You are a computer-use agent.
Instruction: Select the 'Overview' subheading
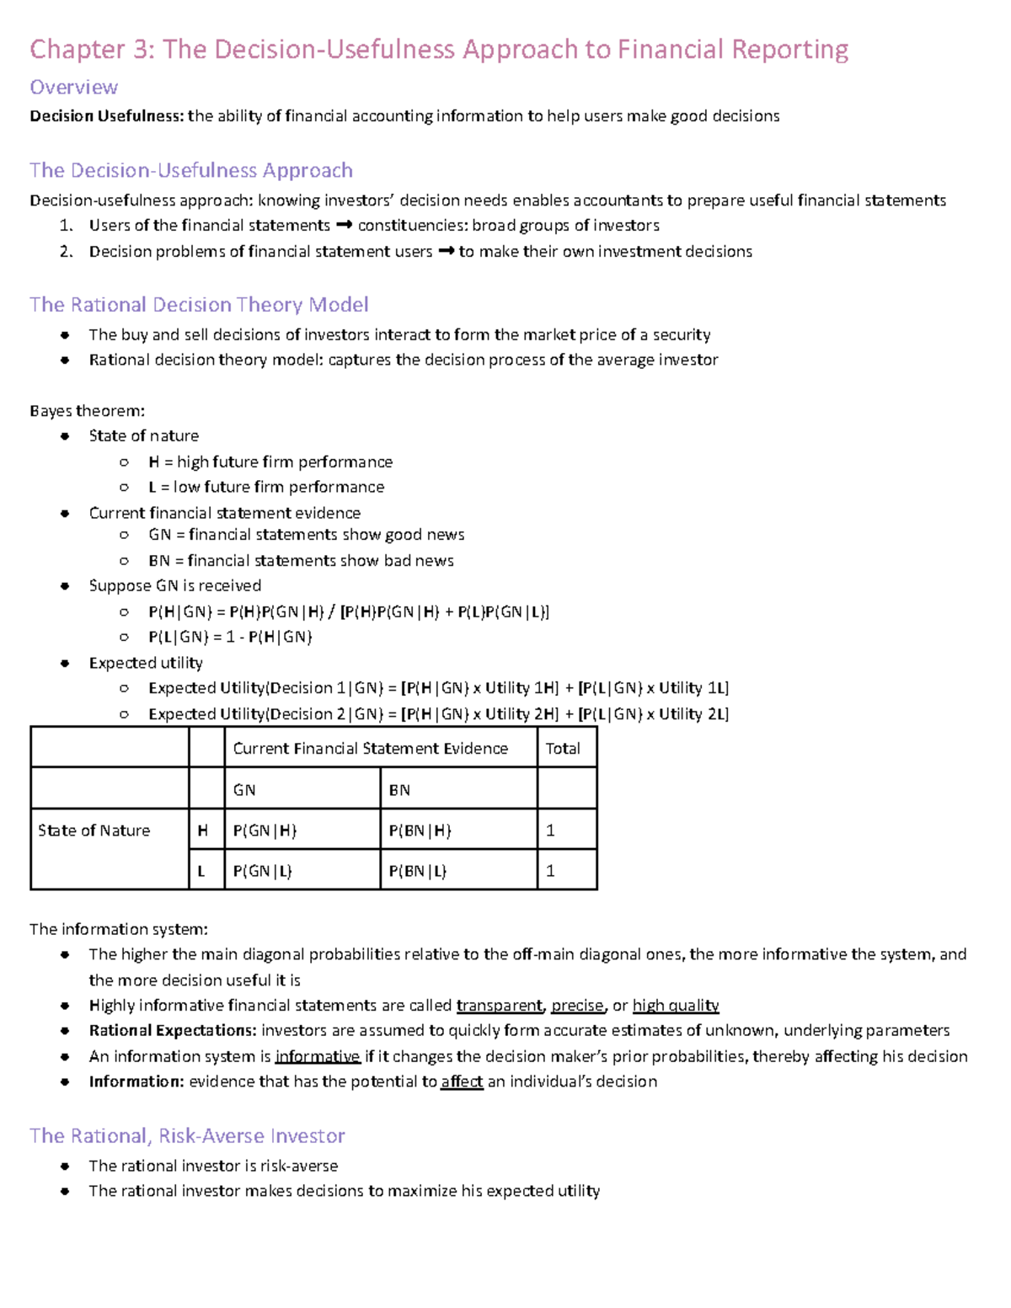[73, 88]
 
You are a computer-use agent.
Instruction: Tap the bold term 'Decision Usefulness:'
[106, 116]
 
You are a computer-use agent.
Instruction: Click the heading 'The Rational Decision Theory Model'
[199, 305]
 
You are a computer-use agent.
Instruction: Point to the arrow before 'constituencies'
[344, 226]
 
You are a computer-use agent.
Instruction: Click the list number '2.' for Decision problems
[67, 252]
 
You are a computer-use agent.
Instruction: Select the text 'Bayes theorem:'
[87, 411]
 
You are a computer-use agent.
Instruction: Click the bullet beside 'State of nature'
[65, 436]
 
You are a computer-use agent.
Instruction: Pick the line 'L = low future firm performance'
[265, 487]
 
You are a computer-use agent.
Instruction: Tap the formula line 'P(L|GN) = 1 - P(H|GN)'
[230, 638]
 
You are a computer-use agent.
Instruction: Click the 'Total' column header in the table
[563, 749]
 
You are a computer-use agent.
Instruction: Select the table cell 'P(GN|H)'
[265, 830]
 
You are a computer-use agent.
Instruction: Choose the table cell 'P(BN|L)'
[419, 871]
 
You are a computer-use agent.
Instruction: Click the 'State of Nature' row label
[94, 830]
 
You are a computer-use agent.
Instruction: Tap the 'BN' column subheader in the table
[399, 790]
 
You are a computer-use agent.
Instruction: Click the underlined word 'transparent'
[500, 1006]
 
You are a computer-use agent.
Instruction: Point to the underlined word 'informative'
[318, 1057]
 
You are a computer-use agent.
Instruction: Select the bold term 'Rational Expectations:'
[173, 1031]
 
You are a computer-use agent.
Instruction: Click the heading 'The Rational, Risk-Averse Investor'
[187, 1136]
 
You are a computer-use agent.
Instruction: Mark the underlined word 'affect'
[462, 1082]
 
